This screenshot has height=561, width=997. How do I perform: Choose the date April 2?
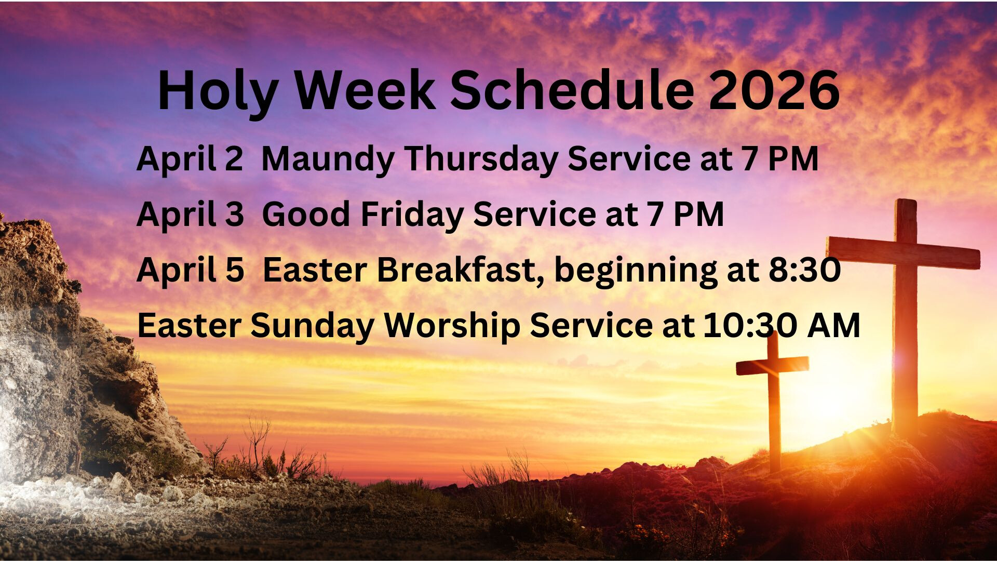point(190,159)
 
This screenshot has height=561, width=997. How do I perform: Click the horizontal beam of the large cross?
point(904,252)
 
